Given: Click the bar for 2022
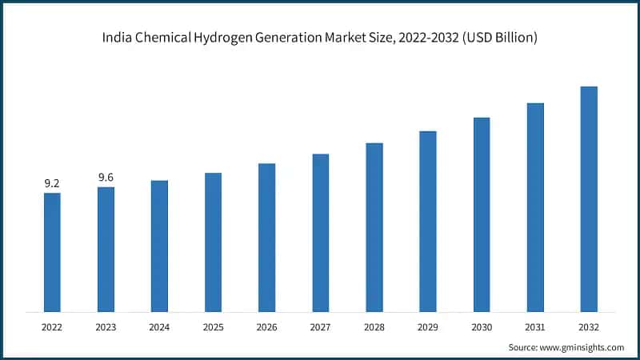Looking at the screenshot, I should click(x=52, y=252).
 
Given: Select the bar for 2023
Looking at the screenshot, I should click(x=106, y=249).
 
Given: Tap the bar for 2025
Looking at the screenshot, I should click(x=213, y=242).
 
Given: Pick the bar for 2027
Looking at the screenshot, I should click(x=320, y=232).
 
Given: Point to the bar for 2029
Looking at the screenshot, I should click(x=428, y=221).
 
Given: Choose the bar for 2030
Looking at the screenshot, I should click(x=482, y=214).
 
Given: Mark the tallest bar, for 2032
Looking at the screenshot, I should click(x=589, y=198).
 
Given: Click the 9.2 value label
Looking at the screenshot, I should click(x=52, y=183).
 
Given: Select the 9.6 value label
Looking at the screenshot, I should click(x=106, y=177).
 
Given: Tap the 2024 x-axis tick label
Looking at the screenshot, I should click(x=159, y=326).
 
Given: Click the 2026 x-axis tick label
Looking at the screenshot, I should click(x=266, y=326).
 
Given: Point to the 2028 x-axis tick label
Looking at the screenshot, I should click(x=374, y=326).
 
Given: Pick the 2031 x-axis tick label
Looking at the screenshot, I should click(x=535, y=326).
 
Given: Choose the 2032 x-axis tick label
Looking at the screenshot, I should click(x=589, y=326).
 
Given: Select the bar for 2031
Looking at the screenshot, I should click(x=535, y=207).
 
